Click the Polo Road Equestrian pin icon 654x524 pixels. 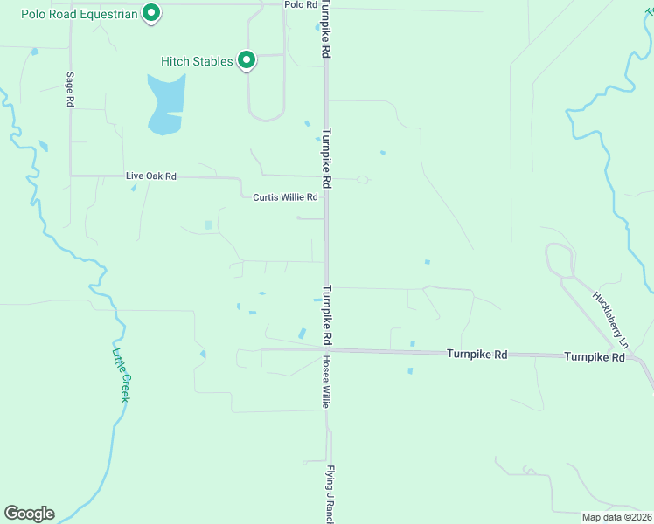[151, 13]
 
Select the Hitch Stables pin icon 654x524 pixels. [247, 60]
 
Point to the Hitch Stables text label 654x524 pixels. [197, 61]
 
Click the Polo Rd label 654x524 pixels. [301, 5]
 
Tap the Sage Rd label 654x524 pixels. [69, 89]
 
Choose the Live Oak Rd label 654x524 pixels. [151, 176]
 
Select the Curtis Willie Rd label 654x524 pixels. [286, 197]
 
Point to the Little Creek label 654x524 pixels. [121, 376]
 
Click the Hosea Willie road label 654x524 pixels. [324, 383]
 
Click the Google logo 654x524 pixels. [29, 514]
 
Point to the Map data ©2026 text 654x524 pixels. [617, 517]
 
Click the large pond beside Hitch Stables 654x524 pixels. [166, 103]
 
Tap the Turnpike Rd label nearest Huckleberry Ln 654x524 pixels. [595, 357]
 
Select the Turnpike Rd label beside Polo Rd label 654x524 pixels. [325, 30]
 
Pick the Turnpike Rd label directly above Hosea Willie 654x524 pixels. [325, 314]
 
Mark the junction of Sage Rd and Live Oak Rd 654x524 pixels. [70, 176]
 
